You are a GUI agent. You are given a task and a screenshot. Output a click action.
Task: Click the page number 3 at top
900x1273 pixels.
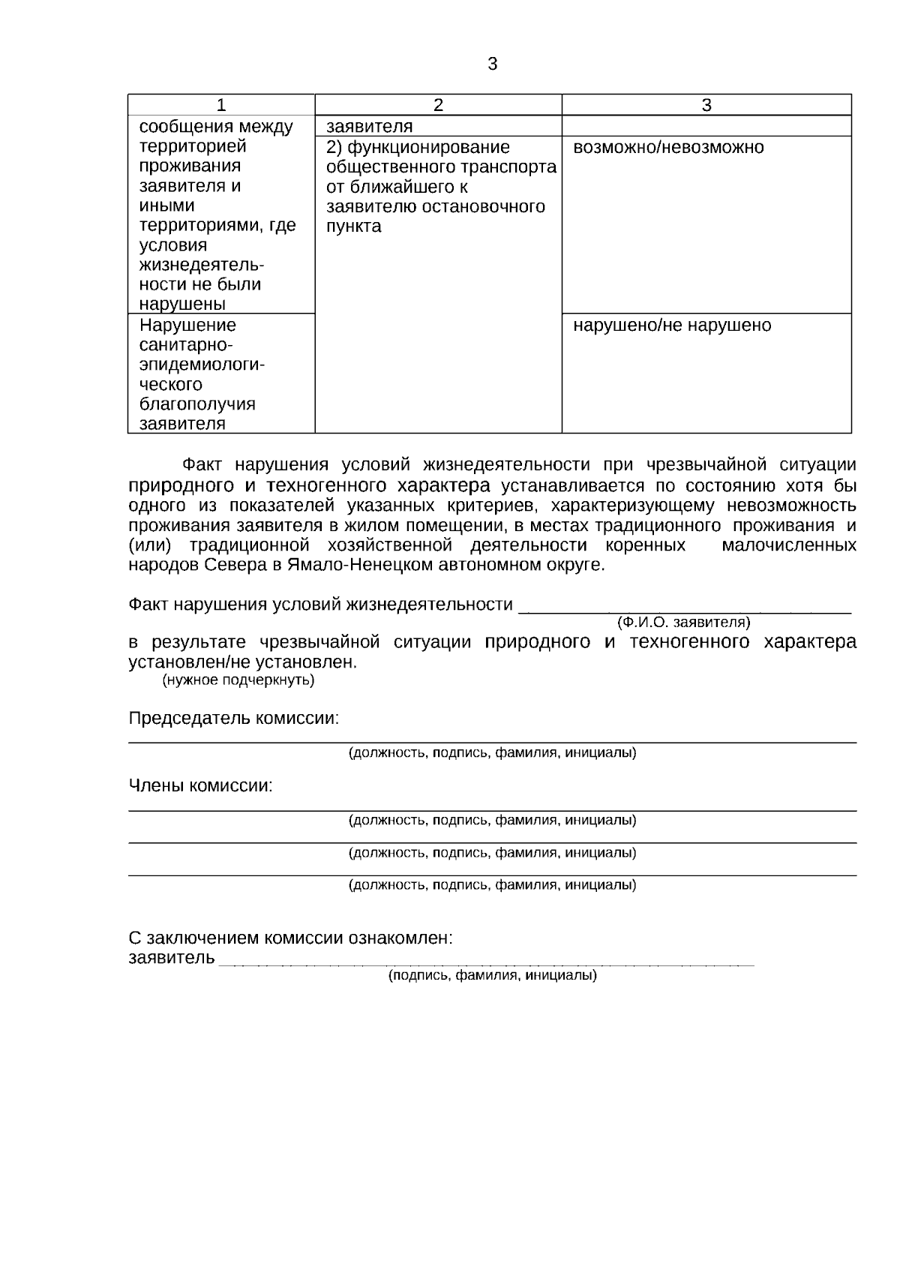492,65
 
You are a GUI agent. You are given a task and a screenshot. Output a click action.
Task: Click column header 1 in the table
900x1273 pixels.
220,105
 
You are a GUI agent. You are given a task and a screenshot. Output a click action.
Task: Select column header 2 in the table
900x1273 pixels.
438,105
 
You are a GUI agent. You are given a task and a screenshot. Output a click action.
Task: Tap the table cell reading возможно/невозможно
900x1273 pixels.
668,148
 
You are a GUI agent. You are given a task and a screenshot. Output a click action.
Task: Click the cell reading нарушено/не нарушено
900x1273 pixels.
672,326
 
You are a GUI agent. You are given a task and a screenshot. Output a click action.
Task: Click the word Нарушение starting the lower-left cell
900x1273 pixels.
187,326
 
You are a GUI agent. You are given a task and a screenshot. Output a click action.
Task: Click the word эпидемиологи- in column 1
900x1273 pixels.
202,365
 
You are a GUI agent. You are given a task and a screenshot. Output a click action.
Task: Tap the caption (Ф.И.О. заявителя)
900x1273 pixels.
682,623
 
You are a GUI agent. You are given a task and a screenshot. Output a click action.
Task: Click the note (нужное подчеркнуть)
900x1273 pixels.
238,680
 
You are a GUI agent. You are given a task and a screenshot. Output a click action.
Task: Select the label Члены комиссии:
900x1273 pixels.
200,786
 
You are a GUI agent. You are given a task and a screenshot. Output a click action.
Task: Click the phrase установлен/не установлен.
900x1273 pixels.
242,662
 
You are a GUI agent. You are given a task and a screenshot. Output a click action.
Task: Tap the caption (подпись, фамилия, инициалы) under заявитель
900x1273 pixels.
492,976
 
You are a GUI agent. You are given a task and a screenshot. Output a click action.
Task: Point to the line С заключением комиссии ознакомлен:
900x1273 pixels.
291,938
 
